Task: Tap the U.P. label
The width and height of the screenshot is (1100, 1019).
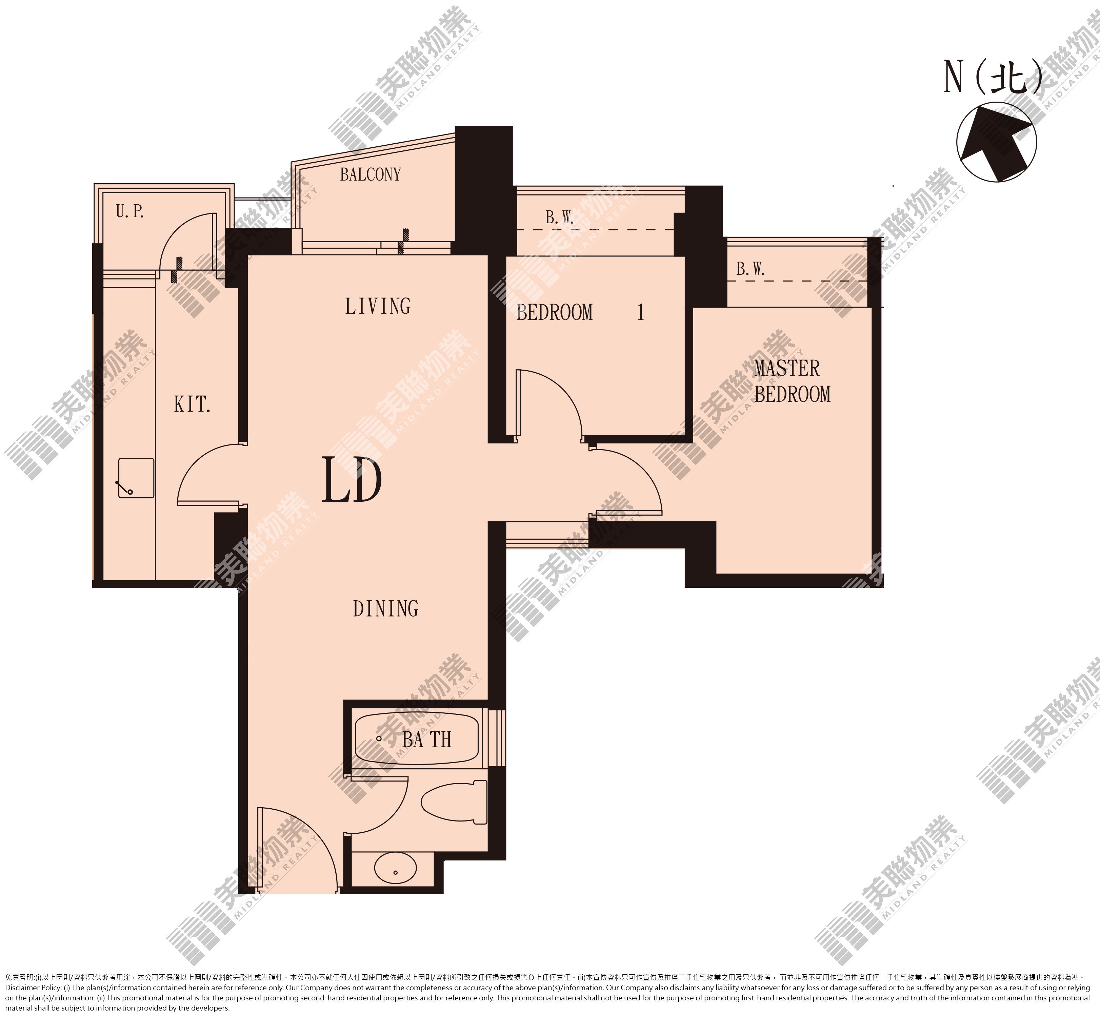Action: coord(130,211)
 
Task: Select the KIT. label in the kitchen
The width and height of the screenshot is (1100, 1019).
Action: coord(192,405)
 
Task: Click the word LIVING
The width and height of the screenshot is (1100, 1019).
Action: coord(378,306)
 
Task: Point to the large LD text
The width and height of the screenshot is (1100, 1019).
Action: coord(352,480)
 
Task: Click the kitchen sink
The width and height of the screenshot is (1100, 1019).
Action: coord(136,478)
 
